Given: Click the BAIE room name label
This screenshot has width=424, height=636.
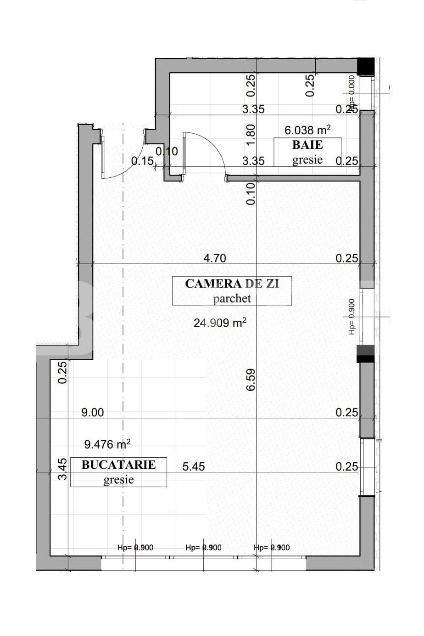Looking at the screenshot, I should click(307, 145).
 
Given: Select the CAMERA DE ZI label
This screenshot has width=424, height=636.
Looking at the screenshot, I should click(232, 284).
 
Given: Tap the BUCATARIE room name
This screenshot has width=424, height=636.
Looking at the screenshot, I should click(118, 465).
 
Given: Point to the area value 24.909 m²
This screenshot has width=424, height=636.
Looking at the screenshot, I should click(220, 323).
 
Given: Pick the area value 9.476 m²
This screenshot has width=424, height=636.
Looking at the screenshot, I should click(107, 444).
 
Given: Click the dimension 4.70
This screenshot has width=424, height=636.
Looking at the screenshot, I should click(215, 258).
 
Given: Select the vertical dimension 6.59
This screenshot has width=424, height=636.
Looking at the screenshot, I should click(251, 380).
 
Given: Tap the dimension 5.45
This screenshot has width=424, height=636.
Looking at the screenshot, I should click(194, 467).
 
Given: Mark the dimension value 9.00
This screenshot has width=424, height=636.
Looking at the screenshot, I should click(93, 413).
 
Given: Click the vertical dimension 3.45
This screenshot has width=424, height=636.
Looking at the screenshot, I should click(62, 469).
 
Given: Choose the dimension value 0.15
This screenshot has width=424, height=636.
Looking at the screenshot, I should click(142, 161).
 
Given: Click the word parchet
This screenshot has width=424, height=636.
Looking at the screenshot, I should click(232, 299).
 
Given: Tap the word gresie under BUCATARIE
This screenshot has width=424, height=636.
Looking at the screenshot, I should click(118, 480).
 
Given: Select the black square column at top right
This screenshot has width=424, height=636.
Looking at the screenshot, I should click(365, 67).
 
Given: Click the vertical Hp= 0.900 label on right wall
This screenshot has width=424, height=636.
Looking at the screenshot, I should click(351, 317).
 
